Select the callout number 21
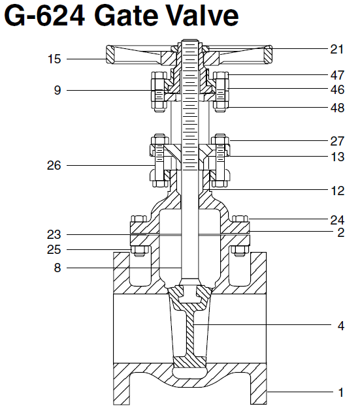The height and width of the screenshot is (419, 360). (336, 48)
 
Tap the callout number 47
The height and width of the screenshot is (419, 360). (336, 76)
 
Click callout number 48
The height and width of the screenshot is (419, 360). (336, 108)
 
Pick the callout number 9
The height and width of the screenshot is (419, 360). (57, 90)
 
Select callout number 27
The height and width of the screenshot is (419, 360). (336, 140)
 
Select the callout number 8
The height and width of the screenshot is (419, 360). (57, 267)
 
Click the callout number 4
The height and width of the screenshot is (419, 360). (340, 326)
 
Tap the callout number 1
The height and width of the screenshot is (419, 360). (340, 393)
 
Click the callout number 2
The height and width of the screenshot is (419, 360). (340, 232)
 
